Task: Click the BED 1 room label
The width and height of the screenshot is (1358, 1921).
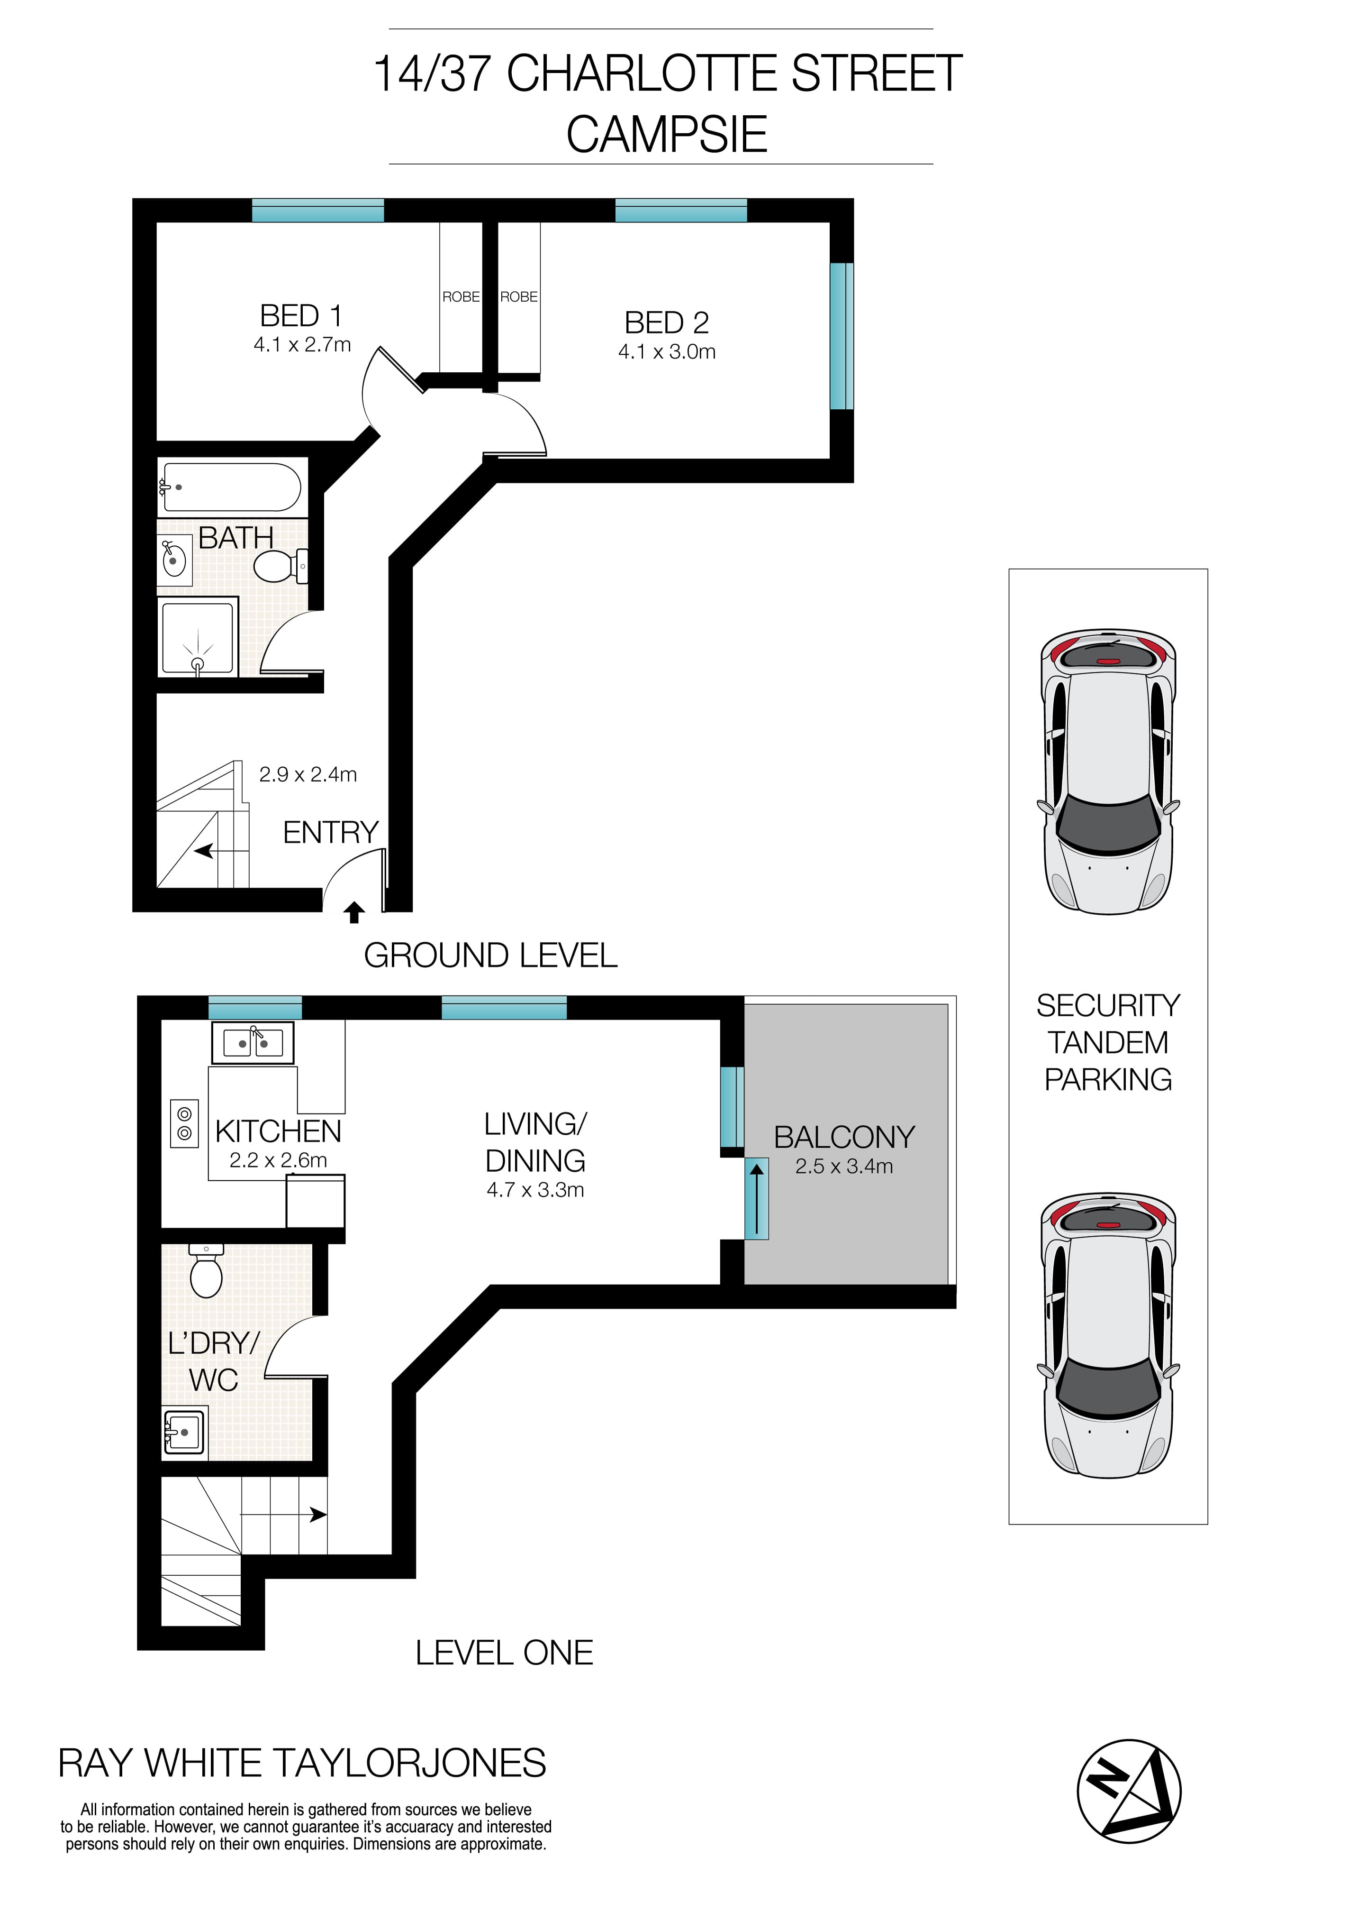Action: [301, 316]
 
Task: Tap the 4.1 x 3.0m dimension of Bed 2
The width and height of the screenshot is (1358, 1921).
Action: [667, 352]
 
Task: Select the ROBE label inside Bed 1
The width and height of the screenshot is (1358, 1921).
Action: [461, 297]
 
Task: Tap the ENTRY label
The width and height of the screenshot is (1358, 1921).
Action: [330, 833]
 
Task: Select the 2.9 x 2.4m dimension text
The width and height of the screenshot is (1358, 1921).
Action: [308, 775]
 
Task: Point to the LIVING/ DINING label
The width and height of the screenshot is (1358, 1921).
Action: [535, 1142]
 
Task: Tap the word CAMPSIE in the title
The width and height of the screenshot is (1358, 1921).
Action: [667, 135]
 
